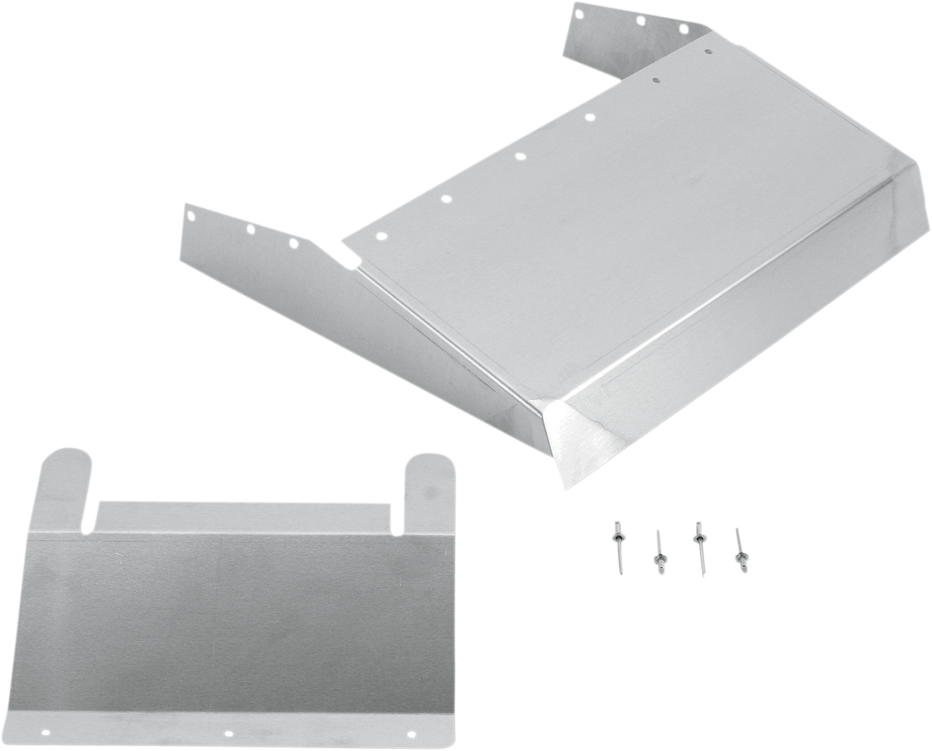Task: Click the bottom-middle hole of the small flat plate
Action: pos(228,732)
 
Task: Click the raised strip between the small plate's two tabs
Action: pos(245,513)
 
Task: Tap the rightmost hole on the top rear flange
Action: pos(684,30)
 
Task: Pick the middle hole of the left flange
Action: pos(251,230)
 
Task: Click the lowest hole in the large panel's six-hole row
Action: pos(380,235)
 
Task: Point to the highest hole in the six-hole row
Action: pos(709,51)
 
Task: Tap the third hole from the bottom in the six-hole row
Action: pos(519,157)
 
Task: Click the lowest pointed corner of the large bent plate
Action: pos(566,488)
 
